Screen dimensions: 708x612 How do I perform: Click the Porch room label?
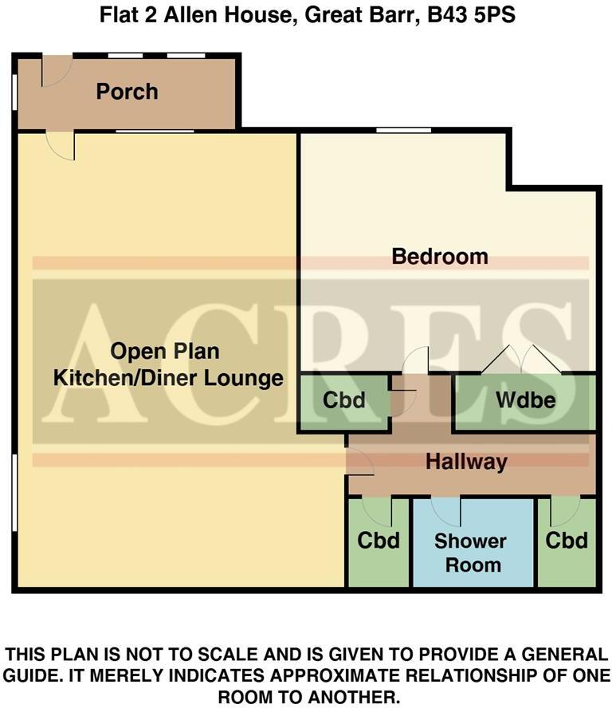127,92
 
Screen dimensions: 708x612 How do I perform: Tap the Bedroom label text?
439,257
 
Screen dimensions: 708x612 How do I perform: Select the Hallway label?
466,462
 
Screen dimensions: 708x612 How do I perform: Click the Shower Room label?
470,553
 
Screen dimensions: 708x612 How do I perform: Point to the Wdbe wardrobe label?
525,399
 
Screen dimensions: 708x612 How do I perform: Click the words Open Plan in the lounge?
165,352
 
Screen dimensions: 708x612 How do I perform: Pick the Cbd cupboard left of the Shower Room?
379,541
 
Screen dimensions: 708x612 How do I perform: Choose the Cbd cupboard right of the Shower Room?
567,541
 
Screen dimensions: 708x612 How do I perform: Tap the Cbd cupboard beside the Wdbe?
344,399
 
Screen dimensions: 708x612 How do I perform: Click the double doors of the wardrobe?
521,360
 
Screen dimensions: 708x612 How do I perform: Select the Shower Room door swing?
446,508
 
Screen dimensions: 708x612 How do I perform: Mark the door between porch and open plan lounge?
61,144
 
